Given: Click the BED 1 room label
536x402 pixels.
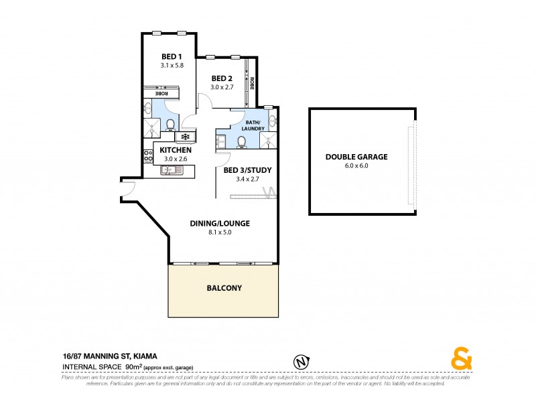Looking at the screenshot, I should [172, 56].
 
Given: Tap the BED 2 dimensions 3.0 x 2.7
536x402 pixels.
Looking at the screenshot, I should [222, 87].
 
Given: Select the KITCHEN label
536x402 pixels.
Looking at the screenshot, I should [176, 150].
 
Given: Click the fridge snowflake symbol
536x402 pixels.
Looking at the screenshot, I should [185, 137].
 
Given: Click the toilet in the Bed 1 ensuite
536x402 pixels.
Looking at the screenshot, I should [171, 125].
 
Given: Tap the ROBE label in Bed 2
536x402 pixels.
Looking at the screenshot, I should [252, 84].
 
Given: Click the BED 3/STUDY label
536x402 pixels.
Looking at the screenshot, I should [247, 170].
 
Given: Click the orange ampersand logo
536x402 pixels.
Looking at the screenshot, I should [461, 360].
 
